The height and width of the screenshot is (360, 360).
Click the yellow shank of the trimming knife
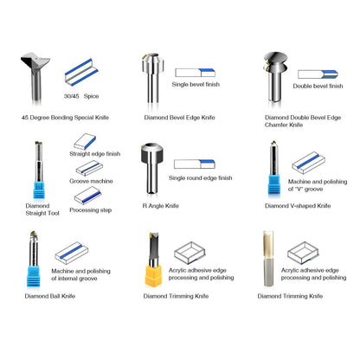point(153,275)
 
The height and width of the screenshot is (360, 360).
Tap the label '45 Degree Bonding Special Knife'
point(65,118)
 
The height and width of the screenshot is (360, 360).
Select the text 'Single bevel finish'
point(196,84)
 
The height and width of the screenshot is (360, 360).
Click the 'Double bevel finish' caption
point(318,86)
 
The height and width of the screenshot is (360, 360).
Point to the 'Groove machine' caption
point(91,181)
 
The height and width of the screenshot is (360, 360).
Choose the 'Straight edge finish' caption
point(95,154)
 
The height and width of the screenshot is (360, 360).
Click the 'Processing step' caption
point(91,210)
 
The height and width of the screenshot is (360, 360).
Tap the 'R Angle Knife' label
point(161,206)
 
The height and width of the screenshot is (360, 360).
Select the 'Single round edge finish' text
point(201,178)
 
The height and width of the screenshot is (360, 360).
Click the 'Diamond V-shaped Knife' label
point(298,206)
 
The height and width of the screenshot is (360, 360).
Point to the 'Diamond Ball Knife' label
point(50,296)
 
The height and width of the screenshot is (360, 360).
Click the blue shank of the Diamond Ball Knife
point(34,276)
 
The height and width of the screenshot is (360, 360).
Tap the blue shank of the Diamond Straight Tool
point(39,190)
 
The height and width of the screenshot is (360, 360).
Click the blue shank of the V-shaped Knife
point(274,184)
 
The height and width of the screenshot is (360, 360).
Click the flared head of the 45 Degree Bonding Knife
point(35,61)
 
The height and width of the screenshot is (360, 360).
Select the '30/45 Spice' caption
point(81,96)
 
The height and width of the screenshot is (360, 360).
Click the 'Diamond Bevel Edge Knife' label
point(179,118)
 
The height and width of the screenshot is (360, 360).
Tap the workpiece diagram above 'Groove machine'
point(89,168)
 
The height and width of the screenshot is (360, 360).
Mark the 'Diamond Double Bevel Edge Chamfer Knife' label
point(303,121)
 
